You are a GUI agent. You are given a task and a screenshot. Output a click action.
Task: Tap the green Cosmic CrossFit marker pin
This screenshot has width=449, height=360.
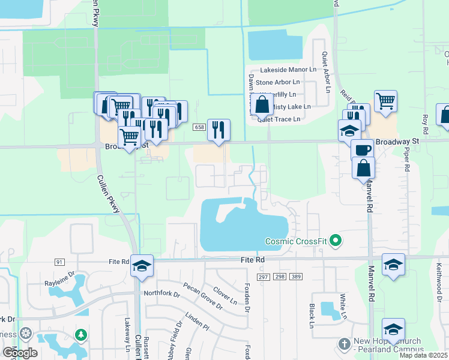(336, 241)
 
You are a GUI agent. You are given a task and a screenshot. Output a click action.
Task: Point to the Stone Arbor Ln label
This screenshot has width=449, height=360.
(277, 82)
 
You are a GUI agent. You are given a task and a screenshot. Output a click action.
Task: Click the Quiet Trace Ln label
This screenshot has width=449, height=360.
(279, 119)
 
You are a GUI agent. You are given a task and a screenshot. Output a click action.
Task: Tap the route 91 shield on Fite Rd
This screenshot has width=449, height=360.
(59, 262)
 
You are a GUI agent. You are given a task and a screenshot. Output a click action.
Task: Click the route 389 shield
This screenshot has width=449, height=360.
(295, 275)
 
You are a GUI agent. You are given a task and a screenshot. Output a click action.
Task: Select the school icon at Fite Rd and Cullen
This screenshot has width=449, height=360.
(142, 266)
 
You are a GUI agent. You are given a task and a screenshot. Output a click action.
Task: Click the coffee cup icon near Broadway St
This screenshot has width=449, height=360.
(362, 149)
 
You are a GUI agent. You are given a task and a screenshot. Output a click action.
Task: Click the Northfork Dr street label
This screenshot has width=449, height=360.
(162, 293)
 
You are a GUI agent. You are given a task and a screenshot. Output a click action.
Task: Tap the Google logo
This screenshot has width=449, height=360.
(20, 353)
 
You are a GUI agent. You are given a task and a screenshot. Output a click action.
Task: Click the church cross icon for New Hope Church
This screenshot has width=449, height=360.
(344, 344)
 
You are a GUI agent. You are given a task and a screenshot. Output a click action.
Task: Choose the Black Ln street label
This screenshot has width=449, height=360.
(313, 311)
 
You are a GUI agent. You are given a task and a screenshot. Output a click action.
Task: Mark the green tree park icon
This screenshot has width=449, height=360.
(79, 334)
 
